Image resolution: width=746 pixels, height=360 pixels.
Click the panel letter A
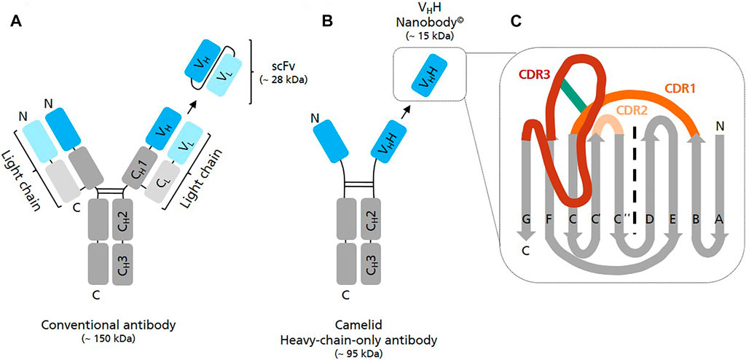click(15, 22)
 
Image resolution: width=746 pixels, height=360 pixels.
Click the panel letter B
click(328, 22)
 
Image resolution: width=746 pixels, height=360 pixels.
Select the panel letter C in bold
click(515, 22)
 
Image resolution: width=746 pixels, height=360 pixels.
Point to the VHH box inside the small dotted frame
click(420, 77)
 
